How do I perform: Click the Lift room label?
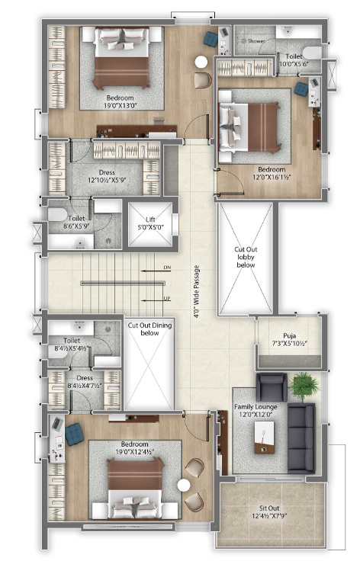(x=150, y=220)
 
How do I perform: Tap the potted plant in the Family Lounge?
(x=304, y=386)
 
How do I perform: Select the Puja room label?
(x=290, y=336)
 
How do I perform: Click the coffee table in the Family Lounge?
(x=265, y=438)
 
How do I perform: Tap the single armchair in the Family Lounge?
(x=272, y=387)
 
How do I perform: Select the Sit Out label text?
(x=269, y=508)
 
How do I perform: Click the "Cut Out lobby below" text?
(x=246, y=257)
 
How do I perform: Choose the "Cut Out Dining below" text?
(x=150, y=329)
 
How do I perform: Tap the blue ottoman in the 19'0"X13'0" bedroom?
(x=211, y=39)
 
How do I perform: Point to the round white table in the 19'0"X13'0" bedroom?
(x=201, y=62)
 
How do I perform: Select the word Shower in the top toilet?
(x=256, y=41)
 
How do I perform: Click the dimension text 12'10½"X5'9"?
(x=107, y=181)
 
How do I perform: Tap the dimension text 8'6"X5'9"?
(x=76, y=226)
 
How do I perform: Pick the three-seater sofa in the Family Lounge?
(x=301, y=438)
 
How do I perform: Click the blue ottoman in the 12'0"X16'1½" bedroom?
(x=301, y=89)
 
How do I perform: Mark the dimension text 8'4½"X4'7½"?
(x=85, y=386)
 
